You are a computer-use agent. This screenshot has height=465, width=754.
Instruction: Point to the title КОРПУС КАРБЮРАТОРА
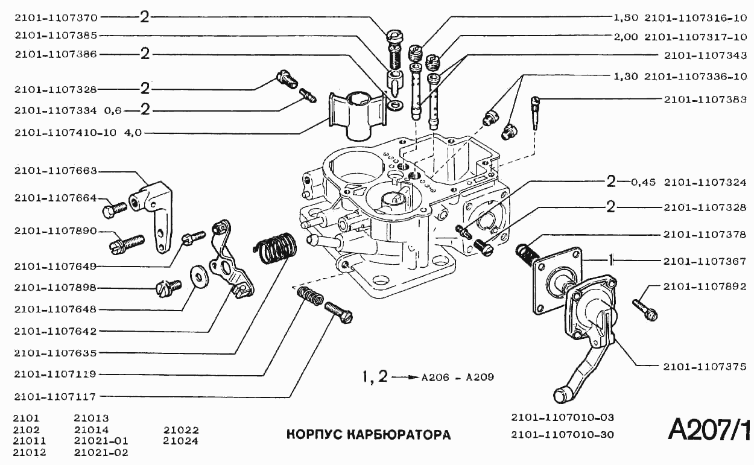tap(368, 435)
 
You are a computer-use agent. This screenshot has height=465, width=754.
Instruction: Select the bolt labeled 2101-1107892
tap(645, 308)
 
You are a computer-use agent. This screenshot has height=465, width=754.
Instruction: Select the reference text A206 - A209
tap(458, 378)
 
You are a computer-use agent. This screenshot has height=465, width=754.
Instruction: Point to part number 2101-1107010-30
tap(562, 435)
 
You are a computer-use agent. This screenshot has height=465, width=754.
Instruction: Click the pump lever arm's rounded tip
tap(561, 396)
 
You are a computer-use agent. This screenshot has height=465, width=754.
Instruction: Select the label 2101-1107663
tap(55, 171)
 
